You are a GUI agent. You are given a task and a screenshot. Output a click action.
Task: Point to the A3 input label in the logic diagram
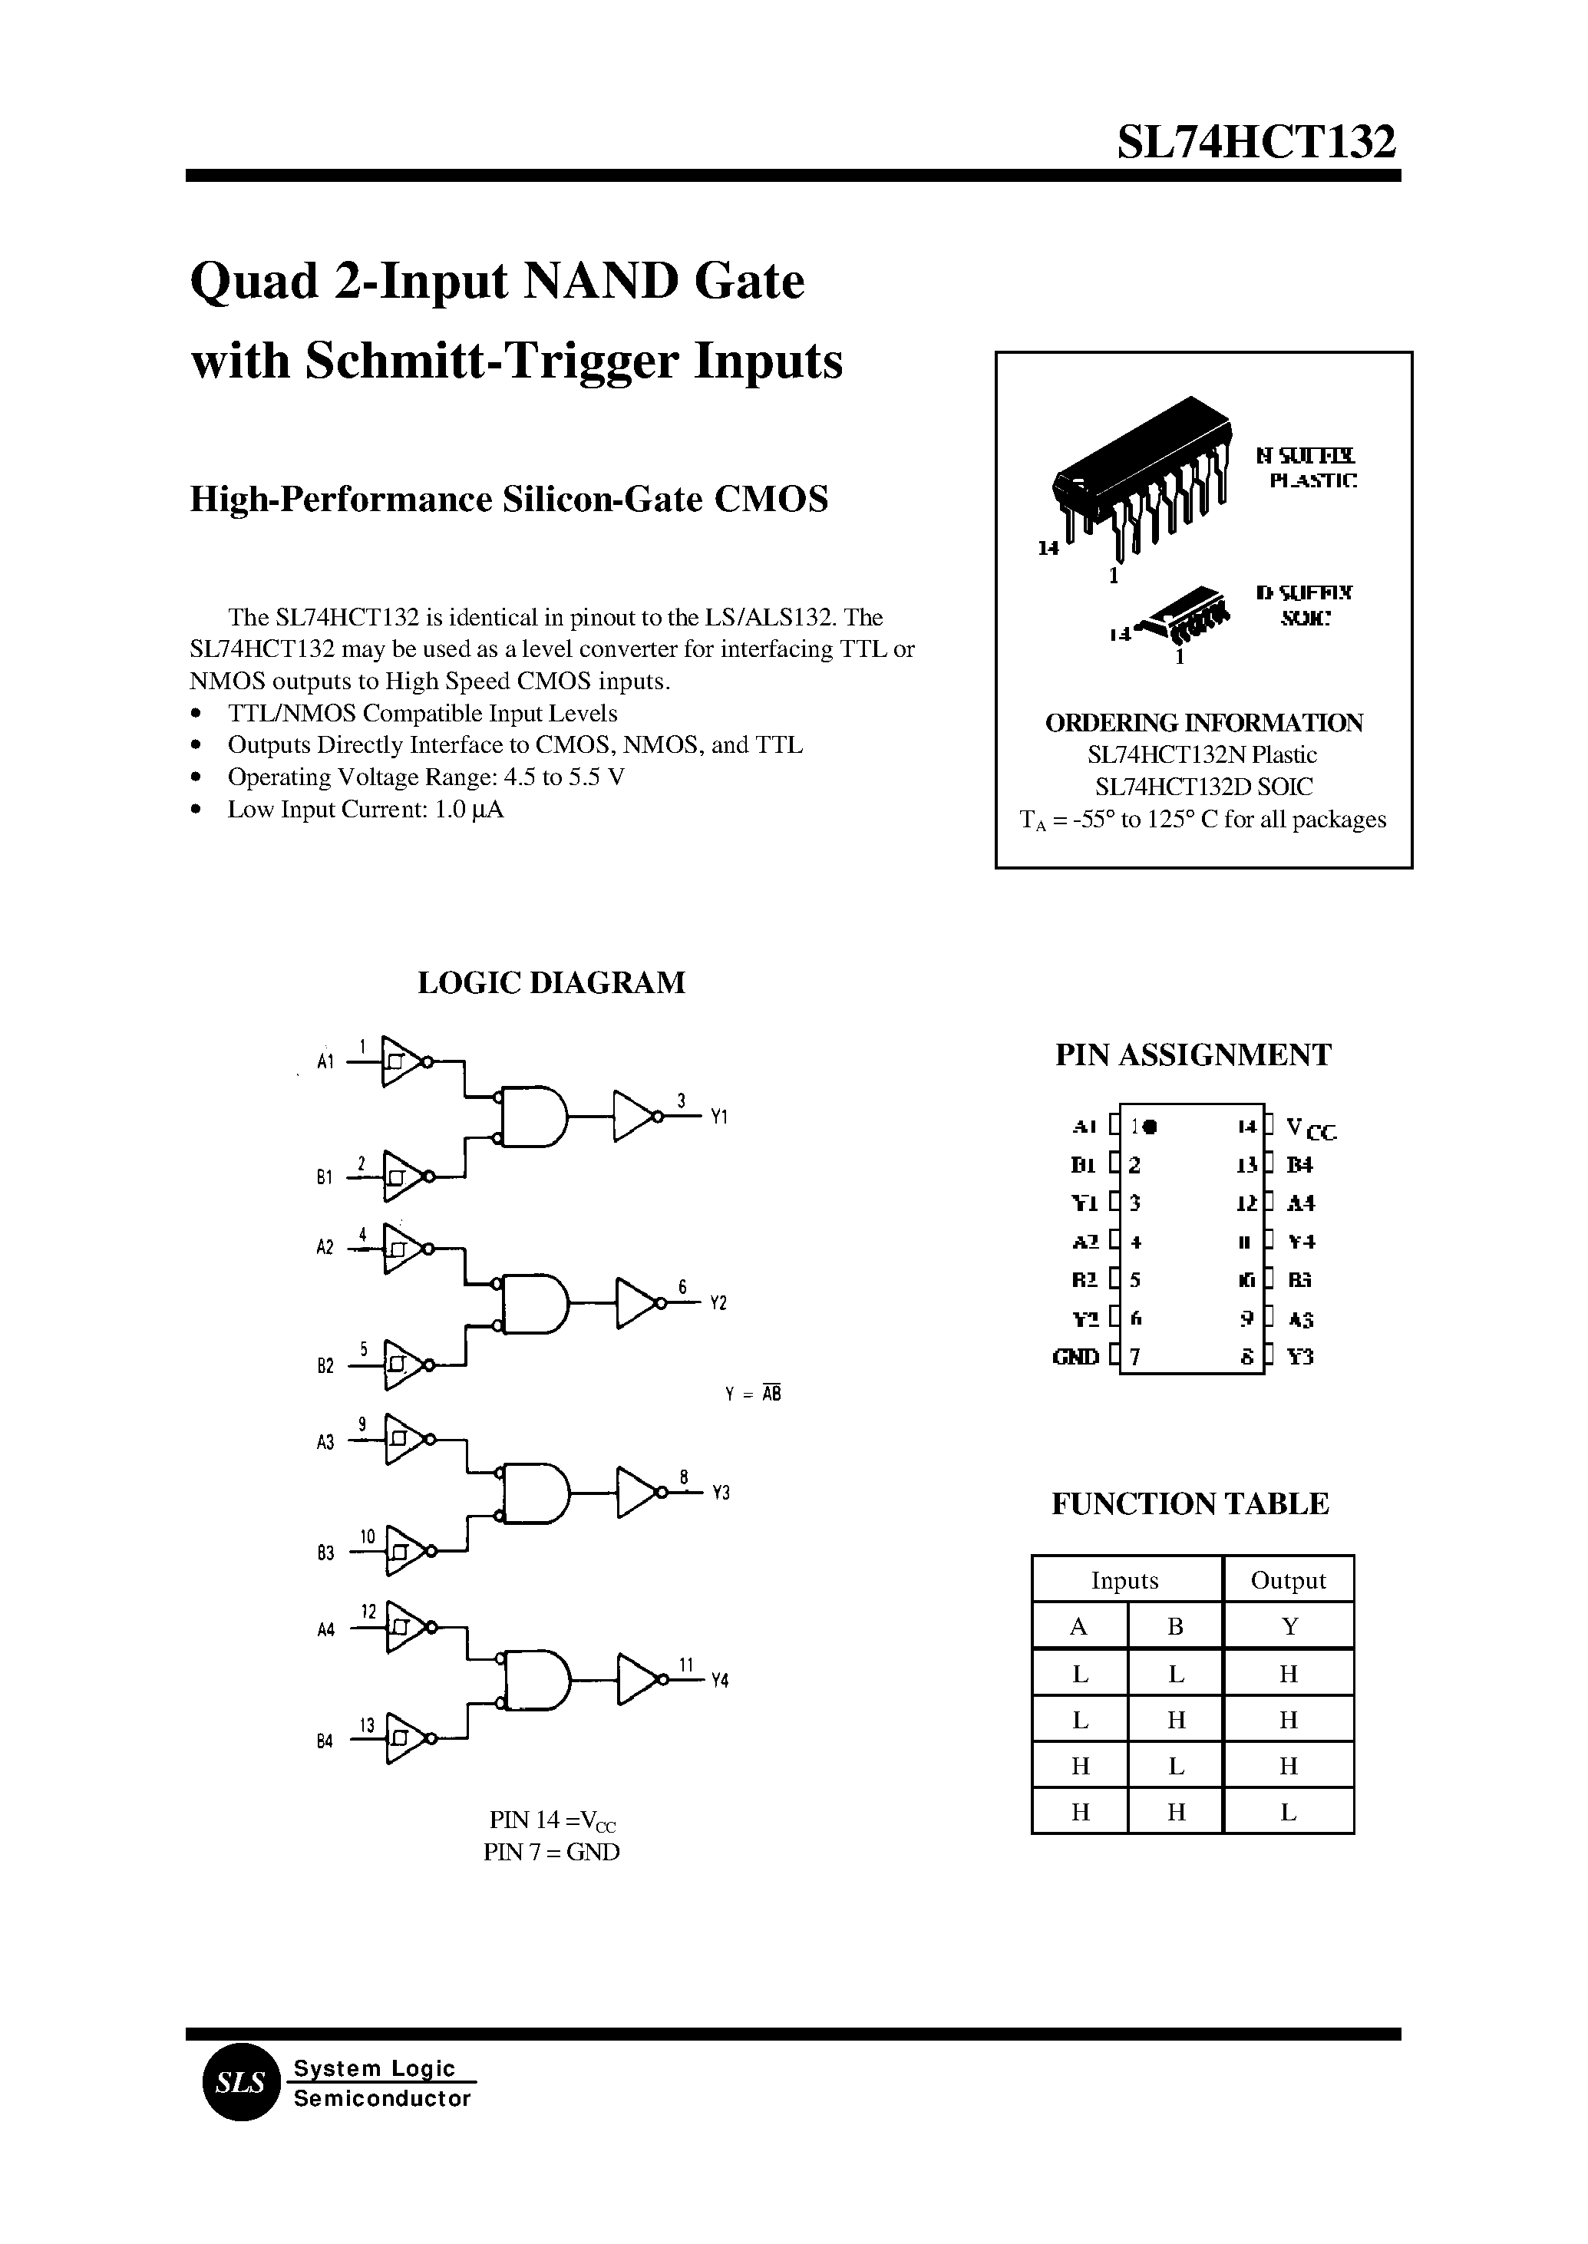pos(325,1442)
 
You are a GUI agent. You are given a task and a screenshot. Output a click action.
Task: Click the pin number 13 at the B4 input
pos(367,1726)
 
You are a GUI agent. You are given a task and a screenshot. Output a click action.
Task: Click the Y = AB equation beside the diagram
pos(753,1394)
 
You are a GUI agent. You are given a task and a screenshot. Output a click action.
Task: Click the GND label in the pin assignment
pos(1075,1357)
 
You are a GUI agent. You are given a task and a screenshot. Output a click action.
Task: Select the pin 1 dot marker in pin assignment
pos(1150,1127)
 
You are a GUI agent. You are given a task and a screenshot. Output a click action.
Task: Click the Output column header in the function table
pos(1288,1580)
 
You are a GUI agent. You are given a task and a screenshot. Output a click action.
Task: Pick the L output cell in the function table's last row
pos(1288,1812)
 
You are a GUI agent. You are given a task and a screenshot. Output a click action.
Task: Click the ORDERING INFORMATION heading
pos(1203,723)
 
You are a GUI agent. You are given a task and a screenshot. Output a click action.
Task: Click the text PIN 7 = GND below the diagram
pos(552,1852)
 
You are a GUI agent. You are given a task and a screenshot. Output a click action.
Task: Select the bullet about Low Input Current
pos(365,810)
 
